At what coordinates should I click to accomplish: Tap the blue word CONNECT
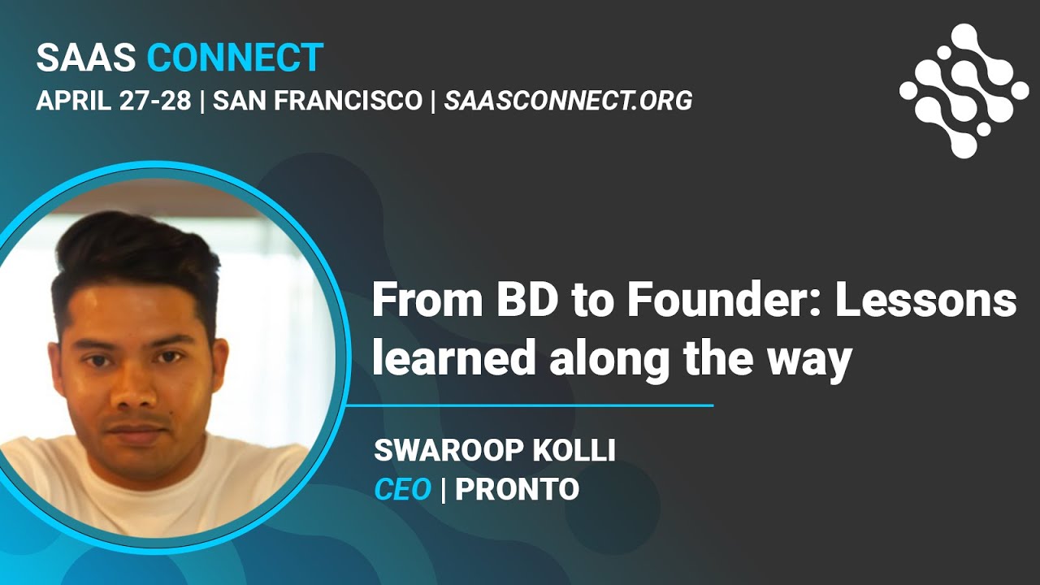[x=235, y=58]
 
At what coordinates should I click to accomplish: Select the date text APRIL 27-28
[x=114, y=101]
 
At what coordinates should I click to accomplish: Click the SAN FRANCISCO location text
[x=318, y=101]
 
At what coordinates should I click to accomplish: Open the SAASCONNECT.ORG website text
[x=568, y=101]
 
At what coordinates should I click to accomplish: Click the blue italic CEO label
[x=402, y=489]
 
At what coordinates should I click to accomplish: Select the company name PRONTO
[x=517, y=489]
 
